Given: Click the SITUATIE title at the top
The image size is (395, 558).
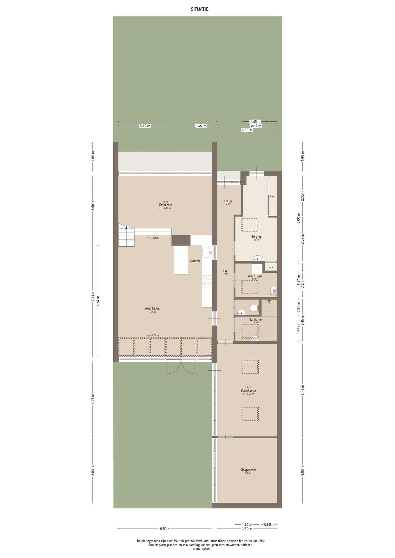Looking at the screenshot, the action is click(199, 9).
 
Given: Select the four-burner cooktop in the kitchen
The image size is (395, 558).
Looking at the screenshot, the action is click(207, 281).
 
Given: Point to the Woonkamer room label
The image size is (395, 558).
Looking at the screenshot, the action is click(153, 308).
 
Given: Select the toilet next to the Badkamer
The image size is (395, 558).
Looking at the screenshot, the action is click(254, 308).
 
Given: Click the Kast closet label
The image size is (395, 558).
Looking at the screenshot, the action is click(273, 196).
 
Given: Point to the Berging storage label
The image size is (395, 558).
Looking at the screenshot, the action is click(257, 237).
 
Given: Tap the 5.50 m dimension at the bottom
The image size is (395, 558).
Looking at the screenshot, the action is click(165, 529).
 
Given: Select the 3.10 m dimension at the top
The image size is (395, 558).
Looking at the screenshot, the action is click(145, 126).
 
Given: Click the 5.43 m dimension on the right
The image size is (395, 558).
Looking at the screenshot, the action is click(303, 390).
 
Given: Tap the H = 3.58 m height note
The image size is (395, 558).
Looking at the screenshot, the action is click(153, 238).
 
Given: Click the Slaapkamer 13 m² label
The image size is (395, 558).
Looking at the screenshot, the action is click(248, 471).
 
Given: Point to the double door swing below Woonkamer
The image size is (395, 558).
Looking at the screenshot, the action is click(181, 367).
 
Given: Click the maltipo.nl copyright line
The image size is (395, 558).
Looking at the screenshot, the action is click(201, 549).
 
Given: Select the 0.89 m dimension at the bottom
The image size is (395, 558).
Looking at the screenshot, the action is click(268, 525).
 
